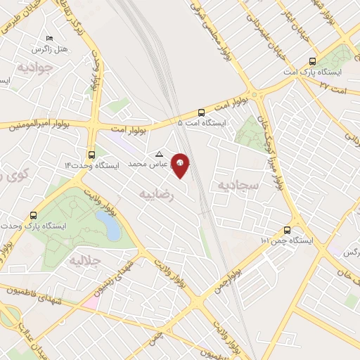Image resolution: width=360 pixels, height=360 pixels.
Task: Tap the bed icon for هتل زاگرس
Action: pos(49,38)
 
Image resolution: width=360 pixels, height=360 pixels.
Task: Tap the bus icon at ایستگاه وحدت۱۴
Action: pos(91,155)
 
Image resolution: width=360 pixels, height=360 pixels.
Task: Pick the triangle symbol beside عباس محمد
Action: pos(159,154)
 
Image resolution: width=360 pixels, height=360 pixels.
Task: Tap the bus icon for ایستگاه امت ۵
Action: pos(202,112)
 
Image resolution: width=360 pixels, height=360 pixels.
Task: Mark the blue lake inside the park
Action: pos(108,226)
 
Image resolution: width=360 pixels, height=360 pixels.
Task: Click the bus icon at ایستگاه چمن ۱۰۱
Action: pos(287,230)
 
